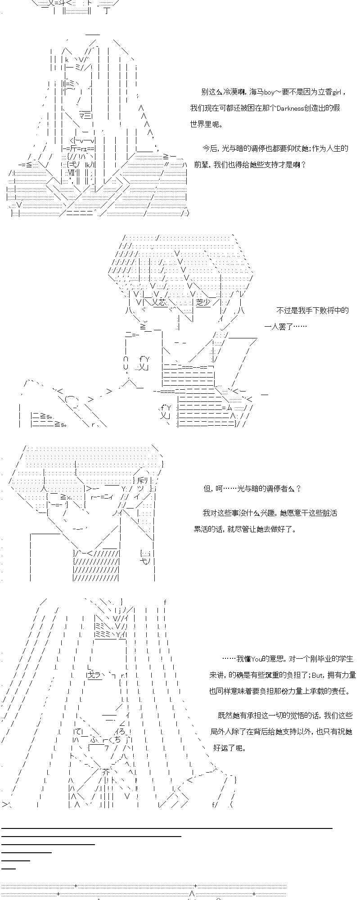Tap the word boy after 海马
point(269,92)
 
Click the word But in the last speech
point(317,675)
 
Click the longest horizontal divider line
point(167,828)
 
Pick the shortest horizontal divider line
point(9,868)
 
